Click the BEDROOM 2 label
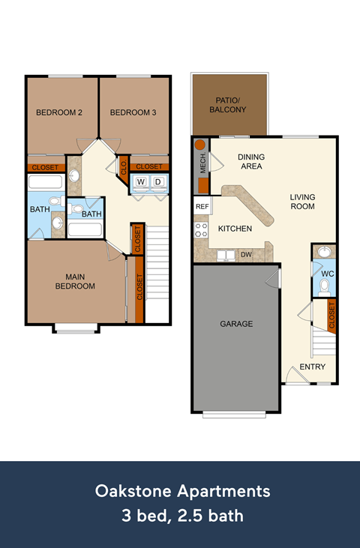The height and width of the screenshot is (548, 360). pos(58,113)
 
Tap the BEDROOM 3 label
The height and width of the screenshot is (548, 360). pos(133,113)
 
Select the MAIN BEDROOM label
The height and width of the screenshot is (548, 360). pos(75,281)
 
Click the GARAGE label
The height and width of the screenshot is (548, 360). pos(237,324)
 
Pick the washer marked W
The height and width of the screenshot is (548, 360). pos(141,181)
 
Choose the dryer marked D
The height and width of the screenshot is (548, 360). pos(158,181)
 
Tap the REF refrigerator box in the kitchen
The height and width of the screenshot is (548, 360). pos(202,206)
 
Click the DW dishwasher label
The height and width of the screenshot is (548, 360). pos(246,255)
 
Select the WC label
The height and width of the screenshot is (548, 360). pos(327,274)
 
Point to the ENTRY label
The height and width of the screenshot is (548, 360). pos(312,367)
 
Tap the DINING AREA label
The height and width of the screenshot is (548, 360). pos(251,161)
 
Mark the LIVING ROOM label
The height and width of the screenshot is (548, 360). pos(302,202)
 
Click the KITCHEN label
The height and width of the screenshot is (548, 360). pos(235,229)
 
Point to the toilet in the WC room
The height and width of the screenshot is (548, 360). pos(324,286)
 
